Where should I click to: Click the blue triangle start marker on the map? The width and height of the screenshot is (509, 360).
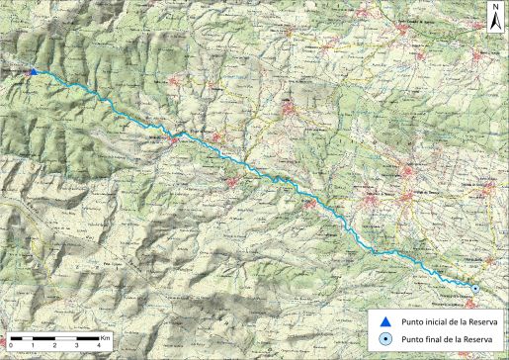click(x=34, y=71)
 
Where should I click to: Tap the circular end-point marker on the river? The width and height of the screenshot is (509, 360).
click(x=475, y=288)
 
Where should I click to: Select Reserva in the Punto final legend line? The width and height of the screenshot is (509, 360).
click(x=477, y=340)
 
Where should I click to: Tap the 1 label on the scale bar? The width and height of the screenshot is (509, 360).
click(x=33, y=346)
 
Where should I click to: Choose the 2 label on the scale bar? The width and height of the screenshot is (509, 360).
click(x=55, y=346)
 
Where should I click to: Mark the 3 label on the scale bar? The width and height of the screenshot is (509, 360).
click(x=77, y=346)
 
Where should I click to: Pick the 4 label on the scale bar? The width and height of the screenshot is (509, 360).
click(x=100, y=346)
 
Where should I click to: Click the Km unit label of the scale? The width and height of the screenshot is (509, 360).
click(x=106, y=337)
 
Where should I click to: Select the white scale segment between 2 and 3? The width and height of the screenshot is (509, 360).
click(x=66, y=338)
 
